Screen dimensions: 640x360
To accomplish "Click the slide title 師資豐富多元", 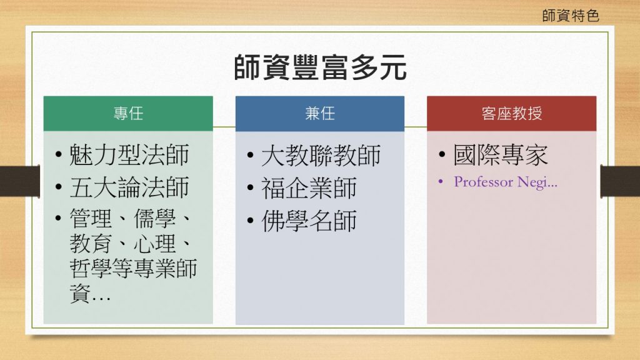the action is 321,67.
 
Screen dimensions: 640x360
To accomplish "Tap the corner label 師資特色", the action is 571,16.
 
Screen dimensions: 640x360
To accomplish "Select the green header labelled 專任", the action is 128,114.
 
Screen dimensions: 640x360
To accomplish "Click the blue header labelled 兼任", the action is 320,114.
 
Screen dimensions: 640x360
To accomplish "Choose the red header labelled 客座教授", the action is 511,114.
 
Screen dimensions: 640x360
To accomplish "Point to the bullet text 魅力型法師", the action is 129,155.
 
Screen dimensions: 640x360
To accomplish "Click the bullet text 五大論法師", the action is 129,187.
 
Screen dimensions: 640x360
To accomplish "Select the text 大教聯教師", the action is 321,156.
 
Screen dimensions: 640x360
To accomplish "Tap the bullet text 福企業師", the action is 309,188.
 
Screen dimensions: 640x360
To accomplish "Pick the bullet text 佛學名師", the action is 309,221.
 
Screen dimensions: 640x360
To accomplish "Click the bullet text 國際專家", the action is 501,155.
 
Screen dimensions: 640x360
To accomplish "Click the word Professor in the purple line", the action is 484,182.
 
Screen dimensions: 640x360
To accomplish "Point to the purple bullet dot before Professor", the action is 441,182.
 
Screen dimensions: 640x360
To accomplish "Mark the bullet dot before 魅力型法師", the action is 58,155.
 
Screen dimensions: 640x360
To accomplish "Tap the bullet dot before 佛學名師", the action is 250,221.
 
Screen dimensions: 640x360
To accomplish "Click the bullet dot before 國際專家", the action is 442,155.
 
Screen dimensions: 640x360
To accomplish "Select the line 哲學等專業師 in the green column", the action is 133,268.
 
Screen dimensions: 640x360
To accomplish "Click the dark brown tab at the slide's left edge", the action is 20,181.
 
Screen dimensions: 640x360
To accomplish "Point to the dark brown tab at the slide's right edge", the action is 620,181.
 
